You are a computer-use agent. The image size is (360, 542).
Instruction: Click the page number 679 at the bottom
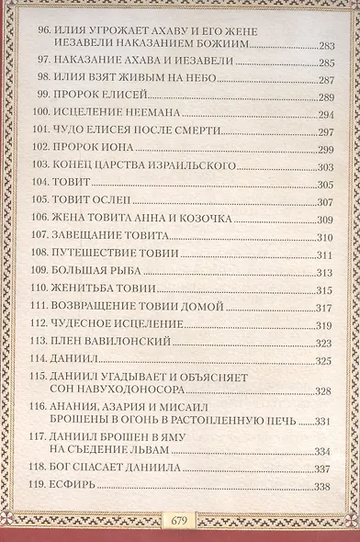[180, 520]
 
